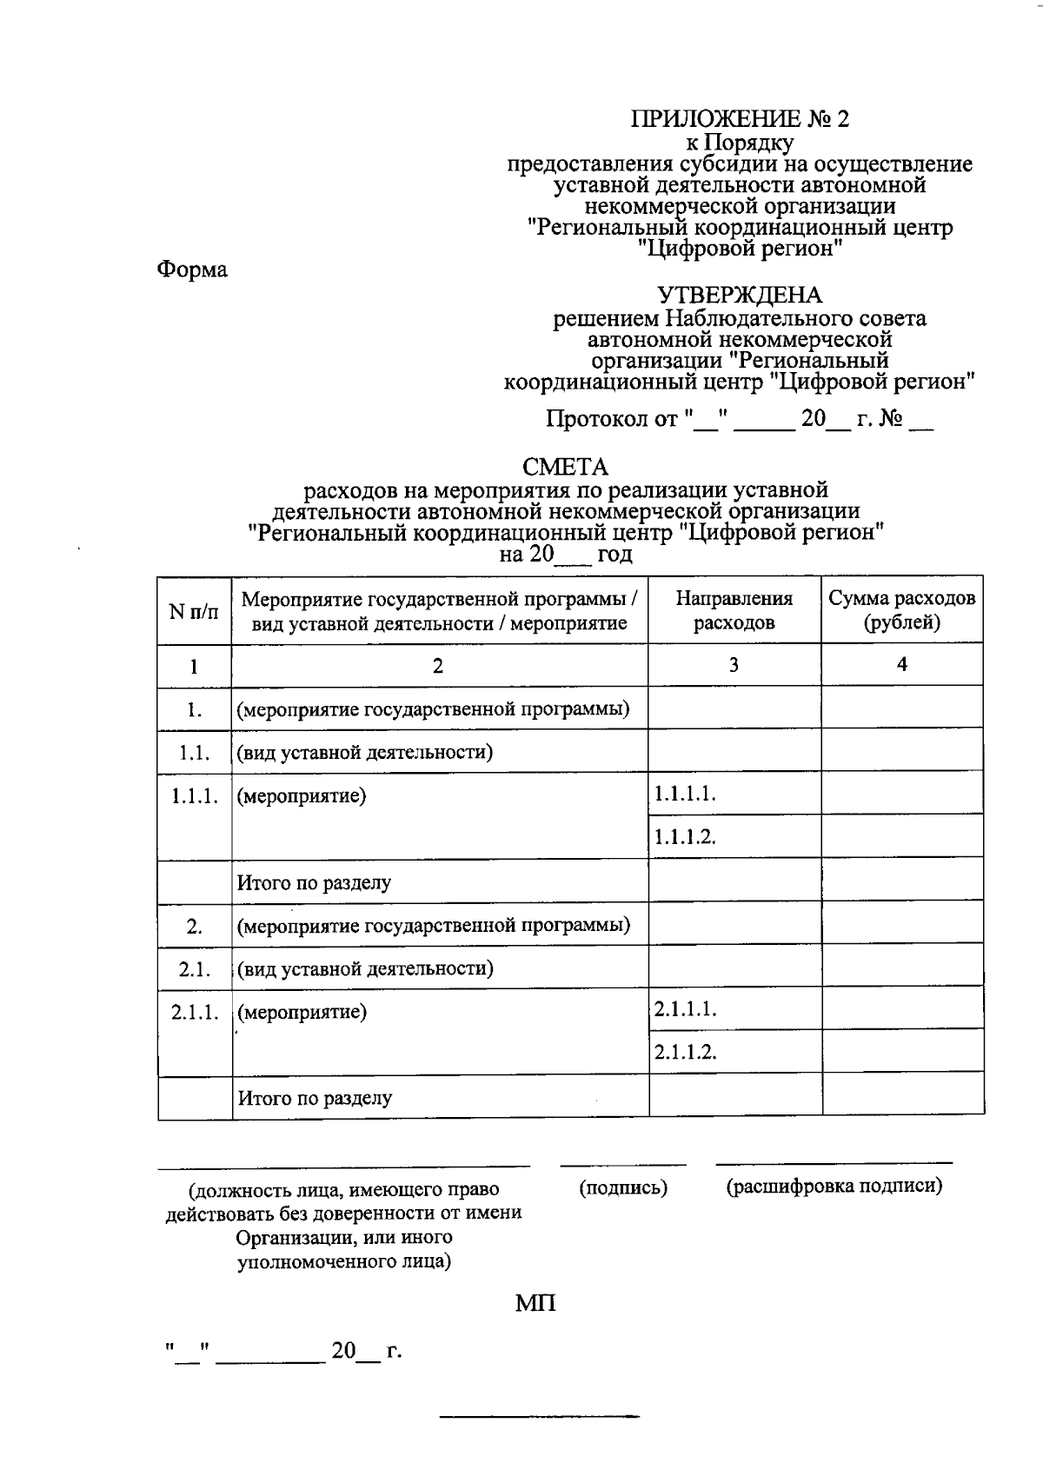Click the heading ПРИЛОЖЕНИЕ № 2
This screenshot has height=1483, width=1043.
(740, 119)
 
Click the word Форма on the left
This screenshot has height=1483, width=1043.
(192, 269)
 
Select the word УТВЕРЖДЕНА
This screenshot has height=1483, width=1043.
(740, 296)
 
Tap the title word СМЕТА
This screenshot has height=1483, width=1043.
(566, 468)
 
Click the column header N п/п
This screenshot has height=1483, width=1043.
(194, 610)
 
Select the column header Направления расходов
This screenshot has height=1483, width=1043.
(734, 610)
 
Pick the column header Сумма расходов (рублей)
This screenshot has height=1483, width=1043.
(901, 610)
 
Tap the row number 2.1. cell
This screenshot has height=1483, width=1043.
(194, 968)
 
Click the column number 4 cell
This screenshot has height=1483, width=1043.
(902, 665)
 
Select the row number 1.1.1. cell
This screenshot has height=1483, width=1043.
(194, 796)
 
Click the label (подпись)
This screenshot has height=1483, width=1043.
(623, 1187)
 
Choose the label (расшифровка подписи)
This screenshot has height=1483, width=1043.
(834, 1186)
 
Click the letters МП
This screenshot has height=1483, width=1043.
(535, 1303)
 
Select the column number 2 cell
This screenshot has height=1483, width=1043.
(439, 666)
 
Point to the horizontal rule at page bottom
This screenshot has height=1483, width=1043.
(539, 1418)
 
